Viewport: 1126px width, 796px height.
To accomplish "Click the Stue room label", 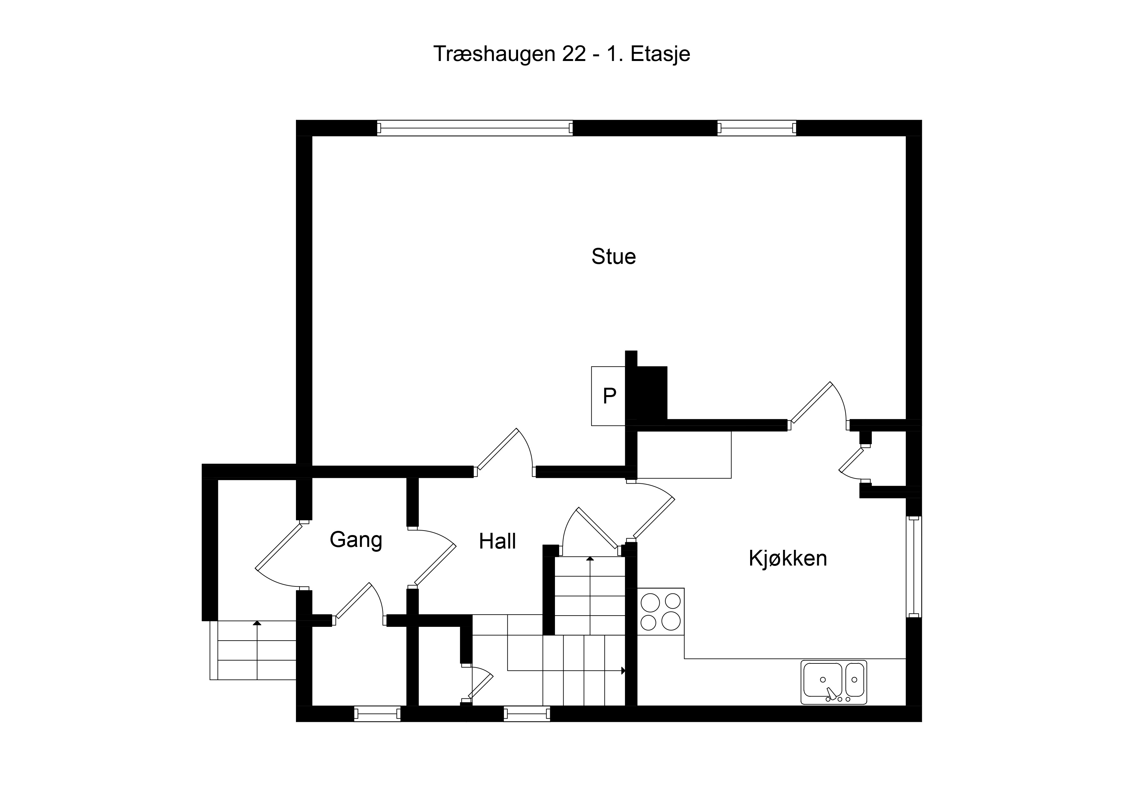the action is pyautogui.click(x=613, y=256).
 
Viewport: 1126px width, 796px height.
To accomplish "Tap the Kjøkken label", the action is pyautogui.click(x=788, y=558).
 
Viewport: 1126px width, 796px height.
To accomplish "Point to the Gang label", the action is pyautogui.click(x=356, y=540).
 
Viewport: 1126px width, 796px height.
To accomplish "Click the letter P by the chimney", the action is pyautogui.click(x=610, y=396).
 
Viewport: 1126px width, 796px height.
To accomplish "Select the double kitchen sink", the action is pyautogui.click(x=834, y=682).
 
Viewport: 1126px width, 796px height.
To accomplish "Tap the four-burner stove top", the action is pyautogui.click(x=661, y=611).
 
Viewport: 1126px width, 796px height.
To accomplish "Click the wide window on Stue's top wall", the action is pyautogui.click(x=475, y=128).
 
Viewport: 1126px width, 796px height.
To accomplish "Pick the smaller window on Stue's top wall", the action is pyautogui.click(x=757, y=128).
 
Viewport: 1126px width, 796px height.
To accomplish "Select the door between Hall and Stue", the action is pyautogui.click(x=506, y=453).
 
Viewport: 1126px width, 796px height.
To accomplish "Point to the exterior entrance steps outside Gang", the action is pyautogui.click(x=253, y=650).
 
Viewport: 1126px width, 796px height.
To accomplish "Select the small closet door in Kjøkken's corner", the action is pyautogui.click(x=854, y=464).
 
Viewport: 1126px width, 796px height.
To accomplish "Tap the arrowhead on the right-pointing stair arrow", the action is pyautogui.click(x=623, y=671).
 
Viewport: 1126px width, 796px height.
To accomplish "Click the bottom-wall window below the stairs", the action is pyautogui.click(x=527, y=714).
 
